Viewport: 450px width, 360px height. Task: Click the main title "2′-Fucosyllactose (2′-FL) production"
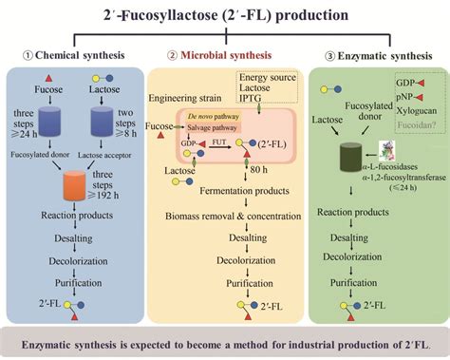click(x=225, y=15)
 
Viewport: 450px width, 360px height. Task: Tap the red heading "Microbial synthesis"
click(x=227, y=53)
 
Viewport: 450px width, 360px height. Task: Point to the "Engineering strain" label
click(x=190, y=97)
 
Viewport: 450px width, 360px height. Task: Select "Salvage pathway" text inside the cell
click(x=215, y=124)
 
